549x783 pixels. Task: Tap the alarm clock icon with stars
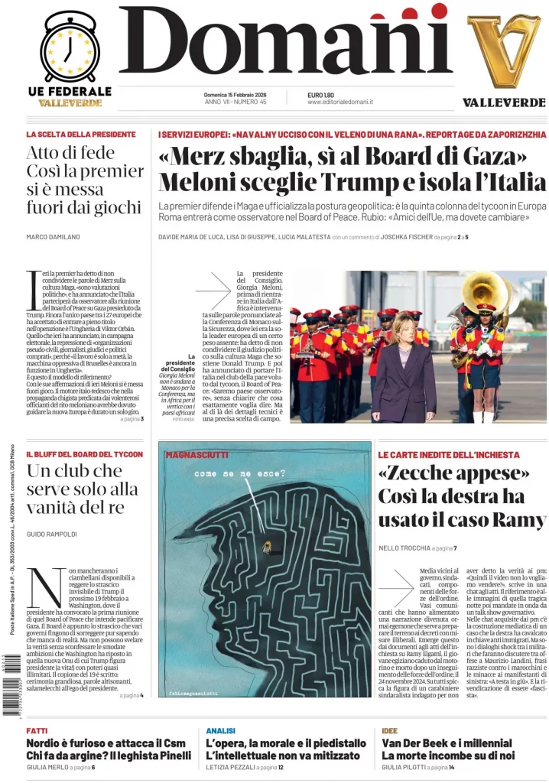pos(69,48)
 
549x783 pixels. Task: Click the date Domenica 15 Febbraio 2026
pos(235,94)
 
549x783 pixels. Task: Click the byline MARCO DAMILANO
pos(53,237)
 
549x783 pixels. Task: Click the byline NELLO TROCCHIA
pos(404,548)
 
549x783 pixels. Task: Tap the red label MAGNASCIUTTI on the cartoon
pos(191,455)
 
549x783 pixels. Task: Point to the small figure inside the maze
pos(267,546)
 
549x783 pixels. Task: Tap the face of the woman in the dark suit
pos(401,333)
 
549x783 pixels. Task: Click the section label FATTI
pos(37,730)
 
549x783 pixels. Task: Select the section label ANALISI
pos(221,730)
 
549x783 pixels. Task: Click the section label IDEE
pos(389,730)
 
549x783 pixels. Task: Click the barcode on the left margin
pos(10,692)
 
